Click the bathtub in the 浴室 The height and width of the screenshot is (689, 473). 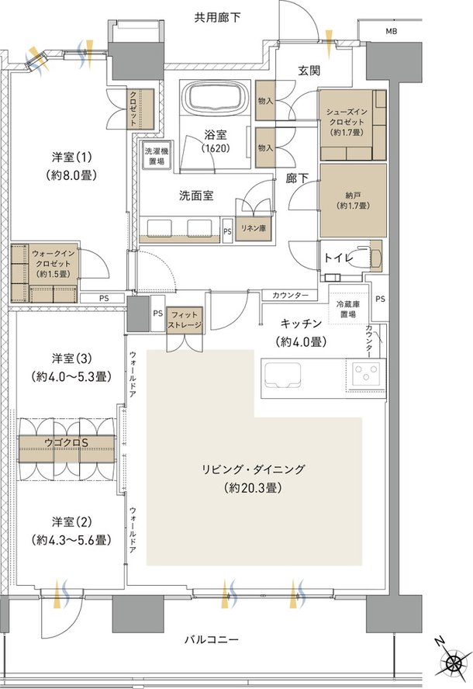tap(216, 98)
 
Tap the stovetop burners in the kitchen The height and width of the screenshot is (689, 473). tap(365, 373)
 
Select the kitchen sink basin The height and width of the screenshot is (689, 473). tap(281, 376)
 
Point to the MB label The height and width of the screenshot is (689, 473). tap(391, 31)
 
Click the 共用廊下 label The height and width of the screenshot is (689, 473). tap(217, 18)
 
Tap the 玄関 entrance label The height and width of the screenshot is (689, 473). tap(309, 70)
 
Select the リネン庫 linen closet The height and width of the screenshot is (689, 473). tap(254, 228)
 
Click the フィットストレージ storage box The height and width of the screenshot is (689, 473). tap(185, 320)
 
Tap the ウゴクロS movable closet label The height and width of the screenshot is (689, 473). tap(67, 442)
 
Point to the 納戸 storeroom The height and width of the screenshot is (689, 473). tap(353, 201)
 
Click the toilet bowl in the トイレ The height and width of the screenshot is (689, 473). tap(370, 258)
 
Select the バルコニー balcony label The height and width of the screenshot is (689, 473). tap(211, 639)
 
